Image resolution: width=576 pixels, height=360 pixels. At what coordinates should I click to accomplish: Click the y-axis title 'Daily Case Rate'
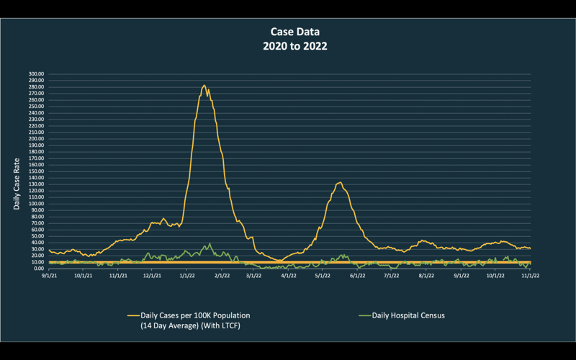tap(17, 184)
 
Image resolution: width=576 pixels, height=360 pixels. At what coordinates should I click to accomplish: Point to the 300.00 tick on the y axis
tap(36, 73)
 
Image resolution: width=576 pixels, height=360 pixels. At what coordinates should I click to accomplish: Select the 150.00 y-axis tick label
tap(36, 171)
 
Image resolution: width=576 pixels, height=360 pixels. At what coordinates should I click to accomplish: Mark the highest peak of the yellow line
tap(204, 85)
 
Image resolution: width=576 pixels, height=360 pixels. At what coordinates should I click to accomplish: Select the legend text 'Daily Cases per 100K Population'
tap(195, 315)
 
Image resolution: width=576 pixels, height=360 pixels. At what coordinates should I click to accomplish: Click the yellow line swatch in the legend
tap(132, 315)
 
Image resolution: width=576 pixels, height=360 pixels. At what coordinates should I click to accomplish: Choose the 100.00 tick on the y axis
tap(36, 204)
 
